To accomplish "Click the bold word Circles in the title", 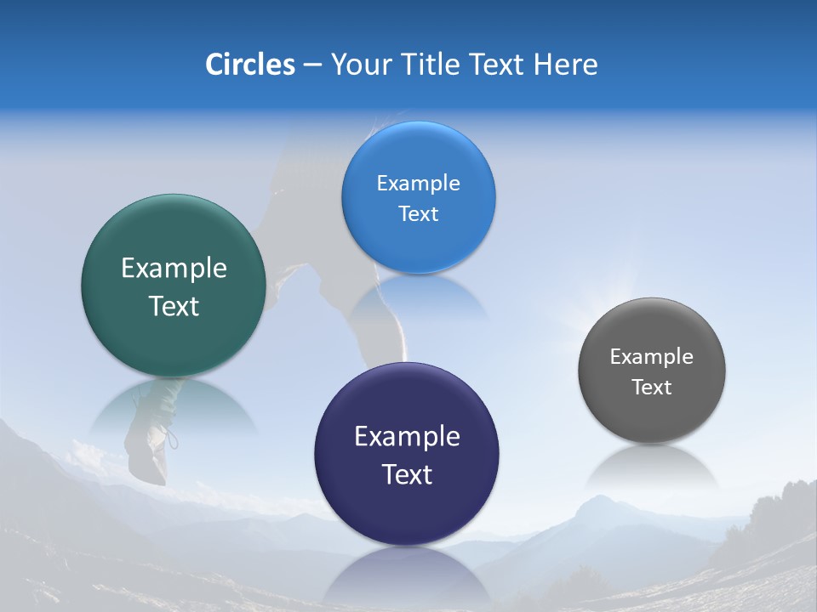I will click(x=250, y=65).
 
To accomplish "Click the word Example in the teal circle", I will click(x=174, y=269).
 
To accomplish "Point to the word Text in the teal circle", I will click(x=174, y=306).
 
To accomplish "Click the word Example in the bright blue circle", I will click(x=418, y=184).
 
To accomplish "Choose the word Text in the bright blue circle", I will click(x=418, y=214).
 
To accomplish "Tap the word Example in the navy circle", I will click(x=407, y=437).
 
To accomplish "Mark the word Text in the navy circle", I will click(x=407, y=474).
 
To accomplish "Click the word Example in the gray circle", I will click(x=652, y=357).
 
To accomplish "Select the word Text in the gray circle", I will click(x=652, y=388).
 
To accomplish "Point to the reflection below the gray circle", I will click(x=652, y=467).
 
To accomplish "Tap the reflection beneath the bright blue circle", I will click(x=418, y=297).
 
